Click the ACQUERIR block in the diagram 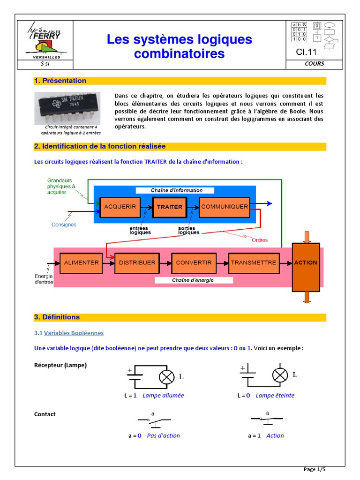(120, 207)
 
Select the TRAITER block (169, 207)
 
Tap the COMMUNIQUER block (224, 207)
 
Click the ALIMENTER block (82, 263)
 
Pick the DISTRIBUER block (137, 263)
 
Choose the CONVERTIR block (194, 263)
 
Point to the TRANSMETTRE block (253, 263)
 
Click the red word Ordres (260, 240)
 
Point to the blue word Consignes (64, 225)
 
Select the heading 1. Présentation (60, 81)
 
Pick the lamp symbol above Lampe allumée (166, 377)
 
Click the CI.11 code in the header (307, 52)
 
